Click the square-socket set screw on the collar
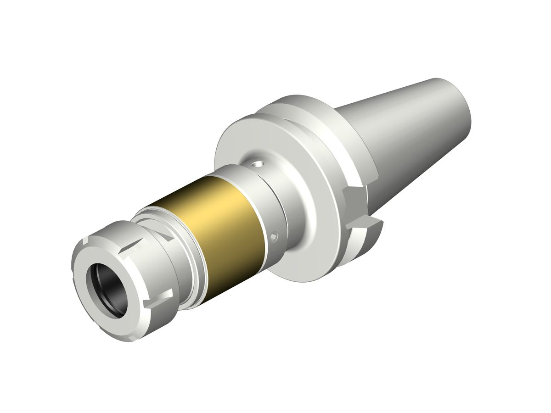pos(274,237)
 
